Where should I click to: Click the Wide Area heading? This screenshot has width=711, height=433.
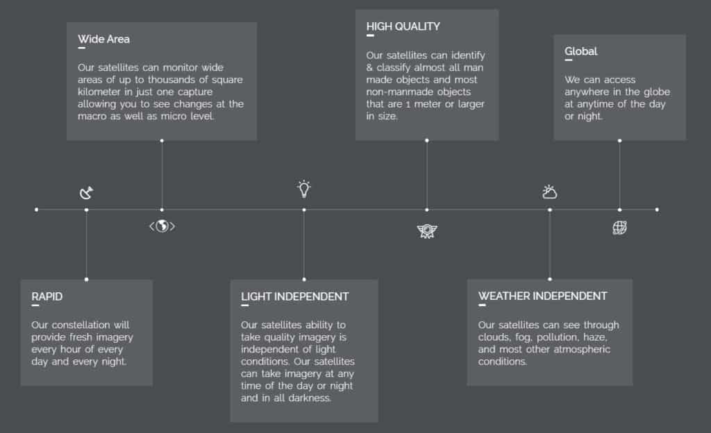[103, 40]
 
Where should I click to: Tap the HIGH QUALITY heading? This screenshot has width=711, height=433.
[403, 27]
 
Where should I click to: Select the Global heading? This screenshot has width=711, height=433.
[581, 51]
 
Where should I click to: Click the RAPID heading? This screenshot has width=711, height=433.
[47, 297]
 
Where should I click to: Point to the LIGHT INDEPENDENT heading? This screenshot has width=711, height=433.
[294, 297]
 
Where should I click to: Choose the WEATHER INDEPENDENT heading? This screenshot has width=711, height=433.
[542, 296]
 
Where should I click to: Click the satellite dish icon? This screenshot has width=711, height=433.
[86, 193]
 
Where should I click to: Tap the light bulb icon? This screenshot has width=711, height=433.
[304, 189]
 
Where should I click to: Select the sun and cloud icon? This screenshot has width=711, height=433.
[550, 192]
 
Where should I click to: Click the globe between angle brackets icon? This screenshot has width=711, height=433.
[162, 226]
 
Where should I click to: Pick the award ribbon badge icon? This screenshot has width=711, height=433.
[427, 231]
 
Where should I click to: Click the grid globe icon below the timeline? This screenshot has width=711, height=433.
[619, 228]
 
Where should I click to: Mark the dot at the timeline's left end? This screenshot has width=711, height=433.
[37, 210]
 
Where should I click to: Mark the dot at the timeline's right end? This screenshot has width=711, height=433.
[657, 210]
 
